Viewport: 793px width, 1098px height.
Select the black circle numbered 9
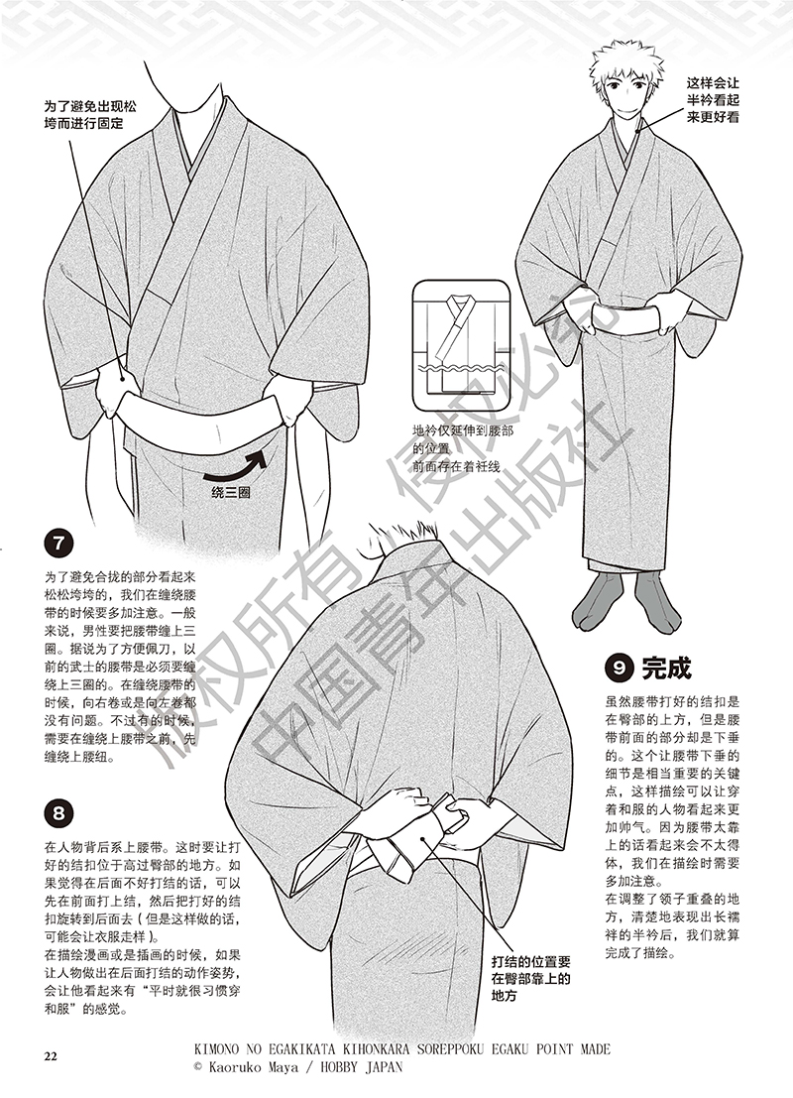[x=618, y=669]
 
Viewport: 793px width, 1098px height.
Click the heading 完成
[x=666, y=668]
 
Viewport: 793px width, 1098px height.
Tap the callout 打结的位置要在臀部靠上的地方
[x=530, y=977]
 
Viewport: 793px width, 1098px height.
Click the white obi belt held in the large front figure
[x=198, y=409]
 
